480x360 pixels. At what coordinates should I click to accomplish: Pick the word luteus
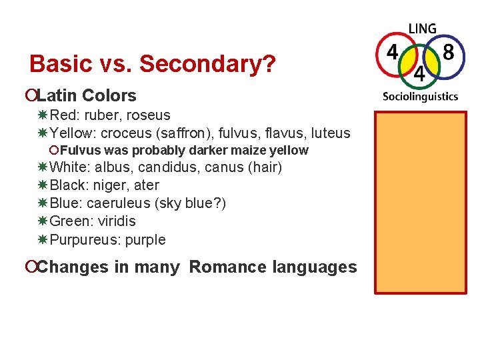[x=330, y=133]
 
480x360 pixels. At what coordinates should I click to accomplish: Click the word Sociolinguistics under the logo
[x=420, y=96]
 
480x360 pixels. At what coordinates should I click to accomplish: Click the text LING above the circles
[x=422, y=29]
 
